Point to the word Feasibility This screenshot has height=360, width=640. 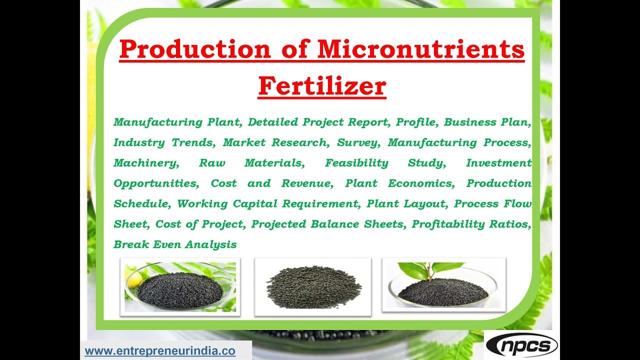pos(356,163)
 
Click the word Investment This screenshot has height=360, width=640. pos(498,163)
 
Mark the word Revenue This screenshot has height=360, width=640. pos(306,183)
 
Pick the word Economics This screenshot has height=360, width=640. pos(421,183)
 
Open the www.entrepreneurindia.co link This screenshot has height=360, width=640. pos(160,351)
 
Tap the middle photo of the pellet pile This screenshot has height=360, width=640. pos(312,287)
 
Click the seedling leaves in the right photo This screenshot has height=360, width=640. pos(430,270)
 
